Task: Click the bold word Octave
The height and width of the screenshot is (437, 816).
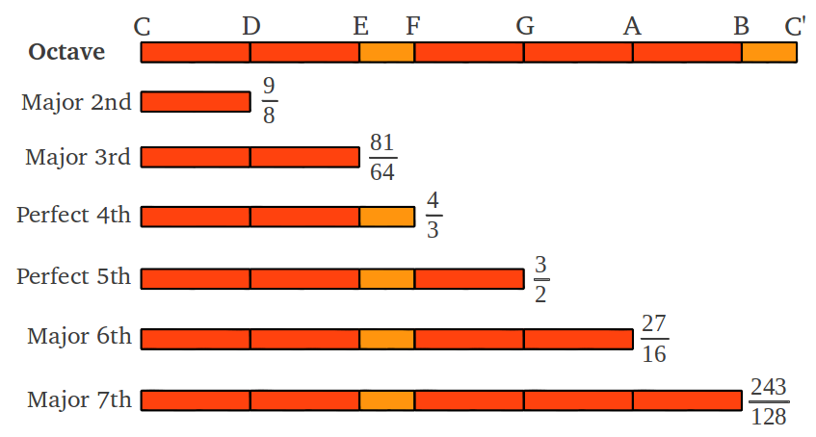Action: [x=66, y=52]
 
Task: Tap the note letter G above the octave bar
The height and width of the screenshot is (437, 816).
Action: [x=524, y=25]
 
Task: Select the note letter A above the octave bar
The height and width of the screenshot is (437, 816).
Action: [x=632, y=25]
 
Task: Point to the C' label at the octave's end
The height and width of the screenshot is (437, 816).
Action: [x=795, y=26]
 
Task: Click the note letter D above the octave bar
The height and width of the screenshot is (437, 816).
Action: [x=250, y=25]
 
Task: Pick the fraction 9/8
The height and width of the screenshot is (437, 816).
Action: [x=269, y=100]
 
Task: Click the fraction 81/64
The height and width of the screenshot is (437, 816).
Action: [x=382, y=157]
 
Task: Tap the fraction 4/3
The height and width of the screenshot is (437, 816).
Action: [x=433, y=215]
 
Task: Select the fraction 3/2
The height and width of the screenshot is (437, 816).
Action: [x=540, y=279]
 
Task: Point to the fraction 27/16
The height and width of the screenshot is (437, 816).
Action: [x=654, y=338]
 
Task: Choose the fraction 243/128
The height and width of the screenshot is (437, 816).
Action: [x=769, y=401]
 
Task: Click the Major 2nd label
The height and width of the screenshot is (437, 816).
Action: [x=76, y=102]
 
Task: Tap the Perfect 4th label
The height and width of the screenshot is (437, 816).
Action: [x=73, y=215]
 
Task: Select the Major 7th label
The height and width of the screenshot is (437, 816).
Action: [x=79, y=399]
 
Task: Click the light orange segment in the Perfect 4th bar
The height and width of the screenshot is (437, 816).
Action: [x=387, y=217]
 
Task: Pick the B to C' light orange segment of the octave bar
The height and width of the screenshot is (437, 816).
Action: [x=769, y=53]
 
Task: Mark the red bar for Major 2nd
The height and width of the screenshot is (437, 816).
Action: [x=196, y=101]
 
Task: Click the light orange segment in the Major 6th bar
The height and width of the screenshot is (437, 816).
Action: [x=386, y=339]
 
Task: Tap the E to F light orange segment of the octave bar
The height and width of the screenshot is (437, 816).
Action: [x=386, y=53]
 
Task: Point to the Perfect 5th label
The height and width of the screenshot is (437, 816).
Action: [x=73, y=276]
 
